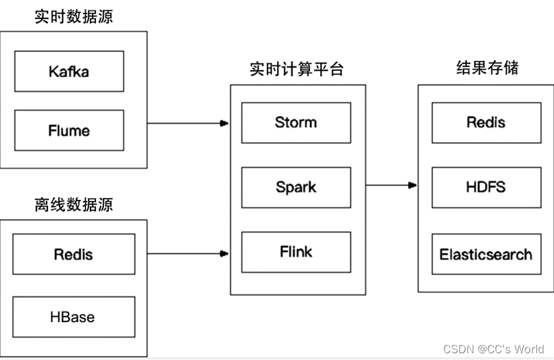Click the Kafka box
click(x=69, y=71)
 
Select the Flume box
click(x=69, y=130)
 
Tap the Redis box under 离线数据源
click(x=74, y=254)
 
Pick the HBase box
click(x=74, y=317)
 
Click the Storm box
click(x=296, y=122)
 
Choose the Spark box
click(x=296, y=187)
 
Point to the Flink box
click(x=296, y=252)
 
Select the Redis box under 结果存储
click(x=486, y=122)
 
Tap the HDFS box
click(x=486, y=187)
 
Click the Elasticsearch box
click(x=486, y=254)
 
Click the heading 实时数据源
click(x=74, y=17)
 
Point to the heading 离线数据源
click(x=74, y=205)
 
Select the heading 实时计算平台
click(x=297, y=70)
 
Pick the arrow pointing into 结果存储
click(x=391, y=185)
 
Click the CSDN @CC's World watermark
click(x=493, y=349)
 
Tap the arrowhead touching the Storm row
click(x=225, y=124)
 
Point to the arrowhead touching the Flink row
click(x=225, y=254)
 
